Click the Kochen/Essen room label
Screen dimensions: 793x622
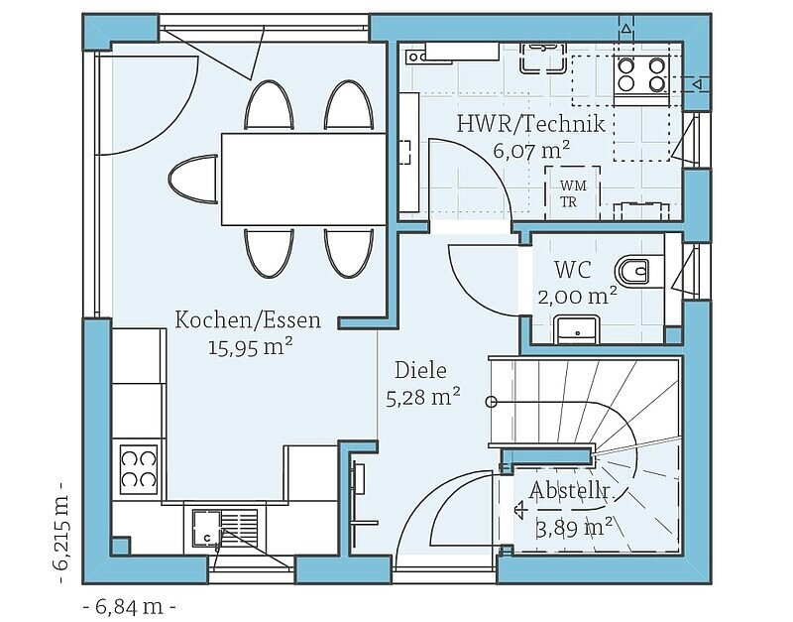(248, 319)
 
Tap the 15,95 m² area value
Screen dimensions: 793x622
(251, 347)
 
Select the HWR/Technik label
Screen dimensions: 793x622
(531, 124)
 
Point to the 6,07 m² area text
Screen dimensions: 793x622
(531, 151)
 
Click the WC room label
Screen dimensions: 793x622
(573, 270)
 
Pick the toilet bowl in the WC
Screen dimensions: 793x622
(632, 272)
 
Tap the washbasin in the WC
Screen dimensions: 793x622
(577, 329)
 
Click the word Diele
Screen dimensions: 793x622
(420, 370)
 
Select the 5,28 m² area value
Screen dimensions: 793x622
(423, 398)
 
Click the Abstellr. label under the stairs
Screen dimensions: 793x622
(568, 490)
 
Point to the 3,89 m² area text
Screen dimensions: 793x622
(573, 529)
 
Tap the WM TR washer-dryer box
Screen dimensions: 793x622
(573, 193)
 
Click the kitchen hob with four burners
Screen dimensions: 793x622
(139, 469)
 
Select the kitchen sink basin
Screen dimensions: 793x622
(206, 528)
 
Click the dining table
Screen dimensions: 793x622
(304, 180)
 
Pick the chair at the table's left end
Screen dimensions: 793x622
(192, 180)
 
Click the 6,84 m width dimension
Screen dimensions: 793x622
(129, 606)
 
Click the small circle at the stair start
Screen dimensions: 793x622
(491, 402)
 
